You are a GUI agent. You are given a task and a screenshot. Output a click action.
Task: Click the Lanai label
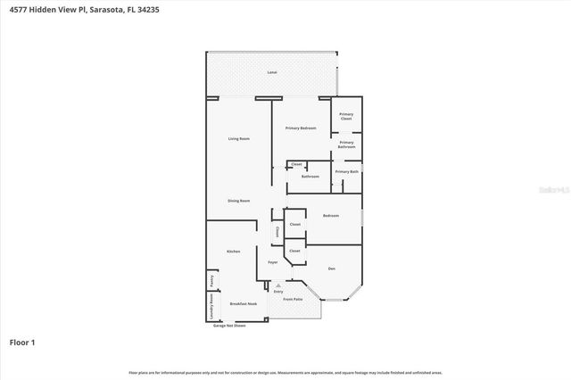pyautogui.click(x=271, y=71)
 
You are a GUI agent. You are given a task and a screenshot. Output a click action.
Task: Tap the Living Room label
pyautogui.click(x=238, y=138)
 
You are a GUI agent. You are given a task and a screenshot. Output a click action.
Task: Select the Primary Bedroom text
pyautogui.click(x=302, y=128)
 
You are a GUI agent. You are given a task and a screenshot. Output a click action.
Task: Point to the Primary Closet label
pyautogui.click(x=346, y=116)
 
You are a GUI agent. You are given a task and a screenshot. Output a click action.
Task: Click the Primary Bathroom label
pyautogui.click(x=346, y=144)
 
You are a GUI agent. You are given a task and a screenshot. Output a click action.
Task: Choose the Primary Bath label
pyautogui.click(x=346, y=171)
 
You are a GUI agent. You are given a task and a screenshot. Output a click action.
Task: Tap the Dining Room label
pyautogui.click(x=238, y=201)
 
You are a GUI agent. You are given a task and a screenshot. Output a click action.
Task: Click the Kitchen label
pyautogui.click(x=234, y=252)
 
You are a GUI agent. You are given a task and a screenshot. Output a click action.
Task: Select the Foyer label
pyautogui.click(x=273, y=262)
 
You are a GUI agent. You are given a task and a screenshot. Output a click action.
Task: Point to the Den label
pyautogui.click(x=330, y=268)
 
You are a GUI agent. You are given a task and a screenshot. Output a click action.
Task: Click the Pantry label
pyautogui.click(x=211, y=280)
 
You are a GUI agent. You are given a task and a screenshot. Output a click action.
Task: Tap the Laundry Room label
pyautogui.click(x=211, y=309)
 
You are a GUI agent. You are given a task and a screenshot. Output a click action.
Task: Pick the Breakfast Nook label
pyautogui.click(x=243, y=304)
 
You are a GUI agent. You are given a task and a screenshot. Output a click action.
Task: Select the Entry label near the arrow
pyautogui.click(x=278, y=292)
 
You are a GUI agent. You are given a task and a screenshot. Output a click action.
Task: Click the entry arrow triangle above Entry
pyautogui.click(x=278, y=285)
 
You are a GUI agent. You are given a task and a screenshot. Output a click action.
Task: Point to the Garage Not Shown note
pyautogui.click(x=228, y=326)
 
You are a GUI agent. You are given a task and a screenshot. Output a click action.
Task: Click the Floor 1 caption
pyautogui.click(x=22, y=342)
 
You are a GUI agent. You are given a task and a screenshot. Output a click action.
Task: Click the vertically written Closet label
pyautogui.click(x=277, y=231)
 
